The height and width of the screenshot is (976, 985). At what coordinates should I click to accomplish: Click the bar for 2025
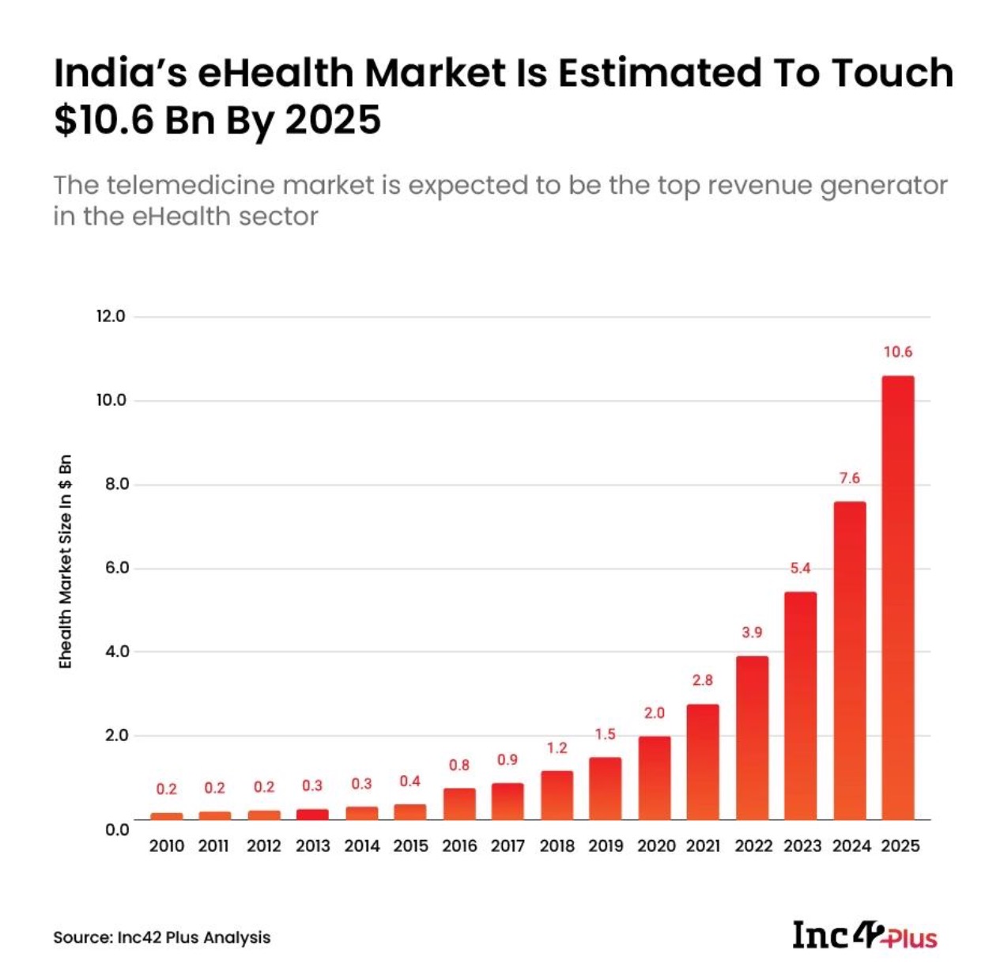pos(897,597)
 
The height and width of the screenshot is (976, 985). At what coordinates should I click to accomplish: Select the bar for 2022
pos(752,737)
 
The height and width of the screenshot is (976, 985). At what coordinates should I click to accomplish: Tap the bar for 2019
pos(605,788)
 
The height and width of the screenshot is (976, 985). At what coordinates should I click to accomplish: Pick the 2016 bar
pos(459,803)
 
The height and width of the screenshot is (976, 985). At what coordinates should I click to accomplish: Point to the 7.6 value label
pos(849,479)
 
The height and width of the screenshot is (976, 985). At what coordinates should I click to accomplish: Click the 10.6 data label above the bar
pos(898,352)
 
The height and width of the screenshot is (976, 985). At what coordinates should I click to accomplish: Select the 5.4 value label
pos(800,568)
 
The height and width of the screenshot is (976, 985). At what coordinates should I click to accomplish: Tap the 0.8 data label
pos(459,765)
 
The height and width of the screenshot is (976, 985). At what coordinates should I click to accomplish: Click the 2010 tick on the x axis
pos(167,845)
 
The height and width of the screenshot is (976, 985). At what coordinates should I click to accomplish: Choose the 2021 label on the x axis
pos(703,845)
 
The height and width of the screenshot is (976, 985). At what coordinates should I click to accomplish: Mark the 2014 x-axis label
pos(362,845)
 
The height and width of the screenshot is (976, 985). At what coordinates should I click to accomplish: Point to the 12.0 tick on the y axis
pos(111,316)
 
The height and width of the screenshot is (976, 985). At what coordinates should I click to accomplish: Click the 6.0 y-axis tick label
pos(113,568)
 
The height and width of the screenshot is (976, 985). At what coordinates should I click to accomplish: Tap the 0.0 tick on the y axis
pos(116,829)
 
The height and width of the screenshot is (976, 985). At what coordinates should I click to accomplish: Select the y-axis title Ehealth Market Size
pos(66,562)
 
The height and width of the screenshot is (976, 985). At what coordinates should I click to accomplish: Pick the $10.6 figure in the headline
pos(104,120)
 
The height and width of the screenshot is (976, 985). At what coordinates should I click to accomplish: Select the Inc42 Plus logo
pos(865,935)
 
